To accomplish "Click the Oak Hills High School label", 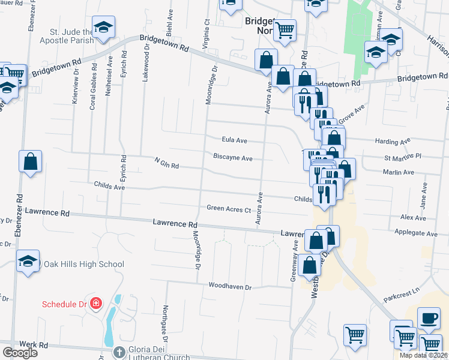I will point(83,265).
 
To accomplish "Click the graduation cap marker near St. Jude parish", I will point(104,27).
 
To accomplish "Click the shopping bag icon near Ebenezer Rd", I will point(30,161).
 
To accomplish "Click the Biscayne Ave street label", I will point(233,158).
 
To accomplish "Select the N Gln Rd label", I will point(166,163).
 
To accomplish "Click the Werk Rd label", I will point(33,345).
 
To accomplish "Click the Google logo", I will point(20,353).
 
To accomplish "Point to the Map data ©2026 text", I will point(423,355).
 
